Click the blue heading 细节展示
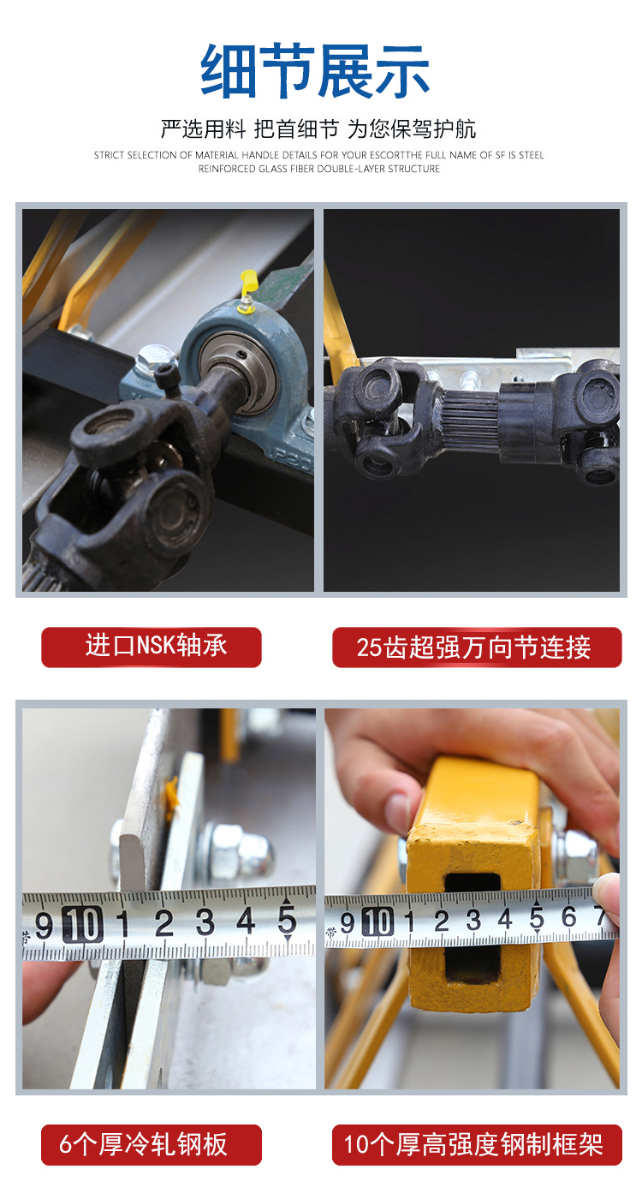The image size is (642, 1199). click(315, 71)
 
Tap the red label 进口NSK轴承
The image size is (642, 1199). click(152, 647)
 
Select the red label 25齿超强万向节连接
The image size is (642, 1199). click(477, 647)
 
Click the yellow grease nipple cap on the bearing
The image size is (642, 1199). click(248, 282)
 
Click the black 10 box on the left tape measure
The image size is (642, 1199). click(83, 924)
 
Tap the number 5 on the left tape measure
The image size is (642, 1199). click(288, 920)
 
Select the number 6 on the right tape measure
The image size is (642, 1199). click(568, 916)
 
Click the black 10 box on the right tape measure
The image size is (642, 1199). click(377, 922)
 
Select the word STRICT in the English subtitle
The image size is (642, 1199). click(110, 155)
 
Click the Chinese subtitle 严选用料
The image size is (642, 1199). click(203, 129)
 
